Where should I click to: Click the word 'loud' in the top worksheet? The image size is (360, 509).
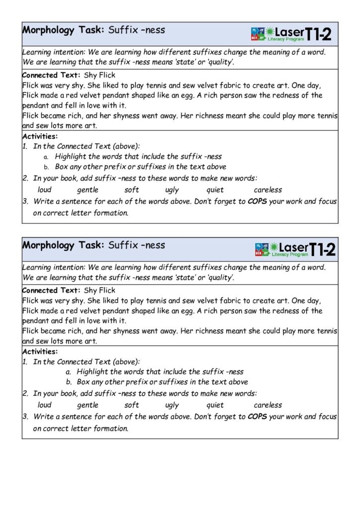tap(45, 189)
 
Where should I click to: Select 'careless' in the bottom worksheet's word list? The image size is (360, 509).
tap(268, 405)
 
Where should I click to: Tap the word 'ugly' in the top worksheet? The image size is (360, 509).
tap(172, 190)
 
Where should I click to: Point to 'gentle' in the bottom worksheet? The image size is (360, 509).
tap(88, 405)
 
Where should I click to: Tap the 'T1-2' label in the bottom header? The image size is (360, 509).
tap(322, 249)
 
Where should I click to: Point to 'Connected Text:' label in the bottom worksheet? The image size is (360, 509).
tap(51, 290)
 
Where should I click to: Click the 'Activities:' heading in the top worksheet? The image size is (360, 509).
tap(40, 136)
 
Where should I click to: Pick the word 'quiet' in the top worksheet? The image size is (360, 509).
tap(215, 190)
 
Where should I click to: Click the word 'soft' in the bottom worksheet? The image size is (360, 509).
tap(132, 405)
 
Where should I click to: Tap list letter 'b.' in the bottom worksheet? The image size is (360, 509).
tap(70, 382)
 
